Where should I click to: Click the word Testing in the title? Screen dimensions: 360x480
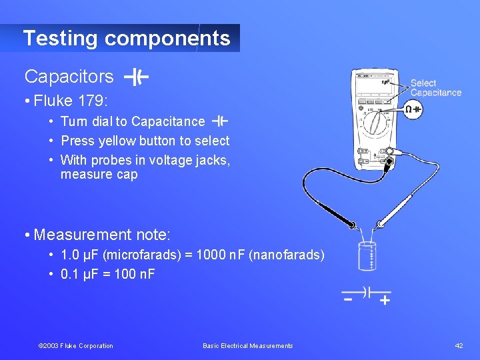61,38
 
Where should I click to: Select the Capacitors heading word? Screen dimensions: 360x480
69,77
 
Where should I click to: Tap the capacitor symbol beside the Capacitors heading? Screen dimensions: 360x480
136,77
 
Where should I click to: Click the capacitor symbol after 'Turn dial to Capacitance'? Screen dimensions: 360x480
219,121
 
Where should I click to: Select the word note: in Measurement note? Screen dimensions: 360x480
153,235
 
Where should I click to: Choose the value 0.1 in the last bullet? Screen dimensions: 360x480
69,273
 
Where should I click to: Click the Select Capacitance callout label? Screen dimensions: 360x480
435,88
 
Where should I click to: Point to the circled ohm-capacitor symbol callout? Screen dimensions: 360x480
413,109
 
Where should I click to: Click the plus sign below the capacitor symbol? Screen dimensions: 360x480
385,301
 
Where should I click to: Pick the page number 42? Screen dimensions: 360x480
459,345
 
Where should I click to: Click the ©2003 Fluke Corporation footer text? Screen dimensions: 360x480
76,345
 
